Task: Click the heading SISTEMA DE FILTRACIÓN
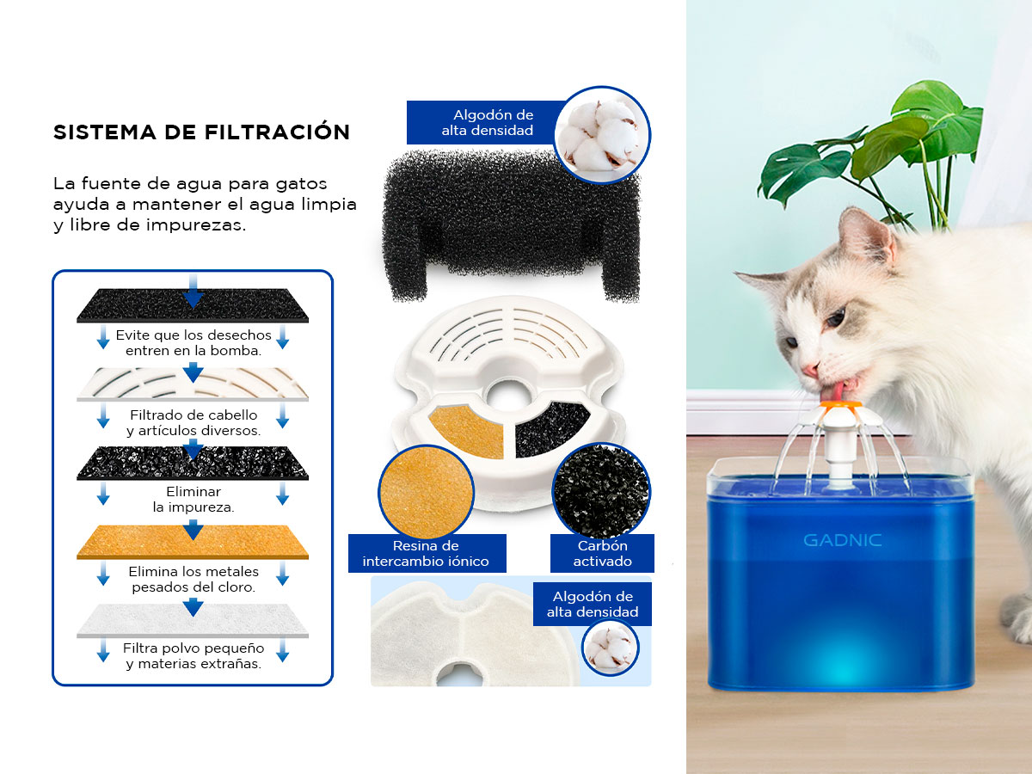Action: coord(202,132)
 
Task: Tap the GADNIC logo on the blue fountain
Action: coord(842,540)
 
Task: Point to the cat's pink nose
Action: coord(811,370)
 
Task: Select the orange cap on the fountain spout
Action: coord(840,404)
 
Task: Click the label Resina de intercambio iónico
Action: coord(427,553)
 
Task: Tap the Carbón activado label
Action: coord(602,553)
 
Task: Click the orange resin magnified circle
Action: coord(426,492)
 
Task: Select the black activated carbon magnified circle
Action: coord(601,491)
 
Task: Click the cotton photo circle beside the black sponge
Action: coord(602,134)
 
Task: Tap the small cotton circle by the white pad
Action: coord(611,648)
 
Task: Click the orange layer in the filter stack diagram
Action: coord(193,542)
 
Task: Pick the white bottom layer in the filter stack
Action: coord(193,621)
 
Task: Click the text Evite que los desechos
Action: coord(193,335)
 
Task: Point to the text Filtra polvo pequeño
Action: coord(193,648)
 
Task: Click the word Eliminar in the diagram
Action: coord(193,492)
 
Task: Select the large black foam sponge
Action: coord(511,225)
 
